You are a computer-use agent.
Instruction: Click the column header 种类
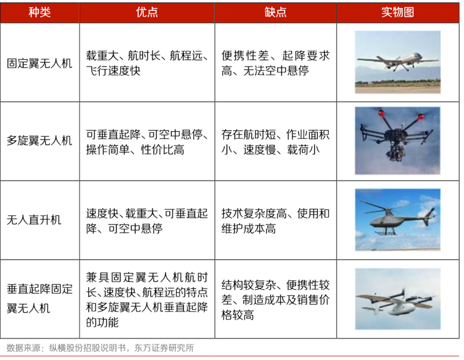[x=40, y=12]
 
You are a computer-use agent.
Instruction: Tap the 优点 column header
[x=147, y=12]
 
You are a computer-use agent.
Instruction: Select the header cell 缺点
[x=275, y=12]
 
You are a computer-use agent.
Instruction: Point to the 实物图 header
[x=398, y=12]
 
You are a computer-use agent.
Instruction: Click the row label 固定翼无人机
[x=39, y=63]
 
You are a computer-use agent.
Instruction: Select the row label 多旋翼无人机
[x=39, y=140]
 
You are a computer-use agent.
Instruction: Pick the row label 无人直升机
[x=33, y=220]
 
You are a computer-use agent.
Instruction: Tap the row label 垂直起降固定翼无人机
[x=39, y=298]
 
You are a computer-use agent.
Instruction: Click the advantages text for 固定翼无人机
[x=147, y=63]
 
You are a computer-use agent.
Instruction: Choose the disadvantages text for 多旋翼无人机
[x=275, y=142]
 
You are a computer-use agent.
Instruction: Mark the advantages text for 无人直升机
[x=147, y=221]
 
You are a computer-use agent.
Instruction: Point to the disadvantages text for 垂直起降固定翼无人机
[x=275, y=299]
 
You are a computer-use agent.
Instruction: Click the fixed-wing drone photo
[x=398, y=62]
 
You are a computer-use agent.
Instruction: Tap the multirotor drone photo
[x=398, y=141]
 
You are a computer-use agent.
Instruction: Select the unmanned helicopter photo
[x=398, y=219]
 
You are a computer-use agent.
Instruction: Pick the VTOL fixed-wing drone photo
[x=398, y=299]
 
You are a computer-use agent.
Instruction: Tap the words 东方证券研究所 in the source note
[x=164, y=348]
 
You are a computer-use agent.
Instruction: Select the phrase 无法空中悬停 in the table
[x=276, y=70]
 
